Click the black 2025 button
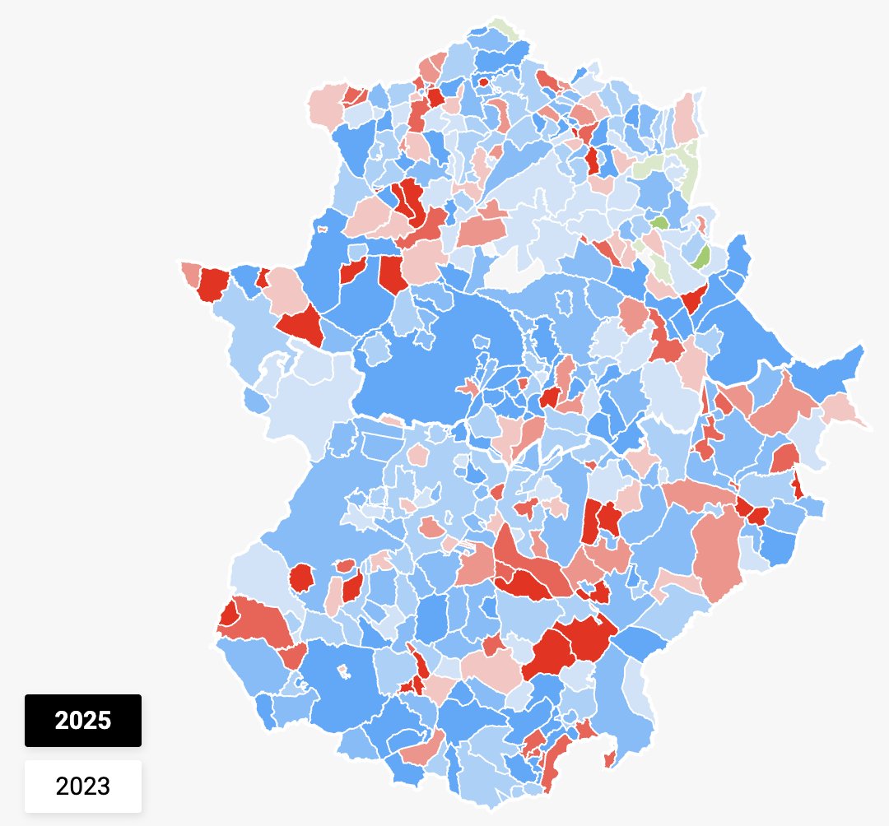82,721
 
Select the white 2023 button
82,786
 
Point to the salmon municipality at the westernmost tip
191,273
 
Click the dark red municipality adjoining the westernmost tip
214,283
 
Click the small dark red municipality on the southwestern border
227,614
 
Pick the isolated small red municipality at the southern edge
609,758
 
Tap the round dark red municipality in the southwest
302,578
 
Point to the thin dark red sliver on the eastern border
798,485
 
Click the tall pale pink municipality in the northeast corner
685,119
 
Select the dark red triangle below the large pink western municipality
300,323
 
